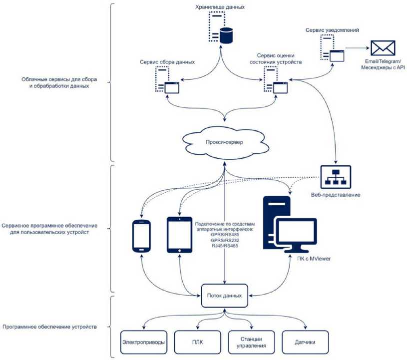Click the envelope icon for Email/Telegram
tap(382, 48)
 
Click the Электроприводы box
tap(143, 342)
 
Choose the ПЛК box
tap(197, 342)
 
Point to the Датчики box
tap(305, 342)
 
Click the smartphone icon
tap(141, 236)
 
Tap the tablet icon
tap(179, 235)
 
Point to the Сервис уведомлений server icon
tap(331, 49)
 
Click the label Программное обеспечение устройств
tap(49, 328)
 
